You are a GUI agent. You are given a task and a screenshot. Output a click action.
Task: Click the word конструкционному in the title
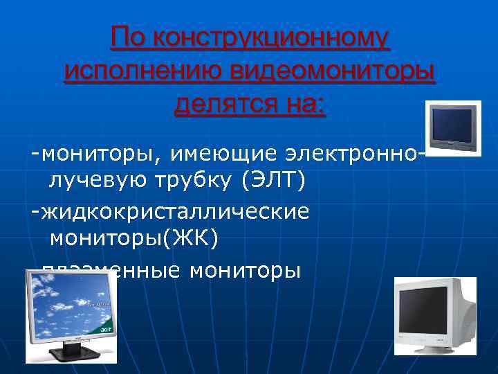pyautogui.click(x=273, y=38)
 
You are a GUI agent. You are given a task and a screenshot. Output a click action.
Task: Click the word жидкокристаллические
pyautogui.click(x=176, y=211)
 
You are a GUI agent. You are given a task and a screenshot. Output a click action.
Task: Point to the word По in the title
pyautogui.click(x=129, y=38)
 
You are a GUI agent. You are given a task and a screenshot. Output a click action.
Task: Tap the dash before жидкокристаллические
pyautogui.click(x=34, y=211)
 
